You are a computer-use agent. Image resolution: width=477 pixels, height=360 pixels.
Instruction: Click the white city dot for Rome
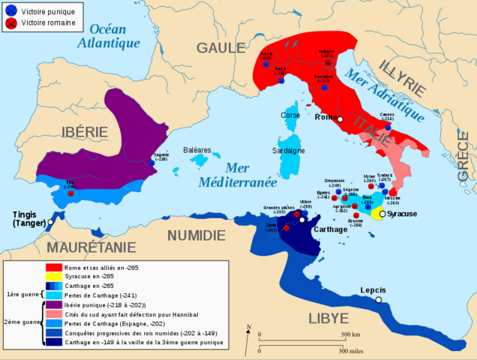pos(340,119)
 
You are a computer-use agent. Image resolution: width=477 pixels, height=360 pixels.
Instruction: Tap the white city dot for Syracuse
pos(382,214)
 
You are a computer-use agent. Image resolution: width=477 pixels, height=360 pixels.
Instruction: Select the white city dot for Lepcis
pos(379,300)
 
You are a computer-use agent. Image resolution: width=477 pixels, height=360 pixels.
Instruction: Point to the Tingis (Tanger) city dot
pos(50,222)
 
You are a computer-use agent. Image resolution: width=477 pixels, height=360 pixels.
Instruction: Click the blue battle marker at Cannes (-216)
pos(388,127)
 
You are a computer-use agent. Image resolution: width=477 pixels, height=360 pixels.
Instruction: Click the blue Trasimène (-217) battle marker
pos(325,88)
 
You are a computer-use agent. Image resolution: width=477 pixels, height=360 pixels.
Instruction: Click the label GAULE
pos(220,48)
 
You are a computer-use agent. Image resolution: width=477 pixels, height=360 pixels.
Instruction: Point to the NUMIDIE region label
pos(196,235)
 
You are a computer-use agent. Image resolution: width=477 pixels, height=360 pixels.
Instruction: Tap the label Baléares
pos(198,150)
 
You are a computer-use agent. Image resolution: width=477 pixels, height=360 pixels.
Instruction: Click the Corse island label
pos(290,115)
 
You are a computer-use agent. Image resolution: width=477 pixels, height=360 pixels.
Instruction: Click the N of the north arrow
pos(247,325)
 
